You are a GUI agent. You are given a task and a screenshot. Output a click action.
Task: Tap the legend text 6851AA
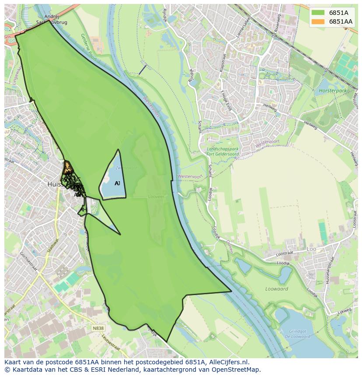341,21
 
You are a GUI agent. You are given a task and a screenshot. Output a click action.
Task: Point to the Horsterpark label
333,91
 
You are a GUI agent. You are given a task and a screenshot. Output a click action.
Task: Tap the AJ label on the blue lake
117,183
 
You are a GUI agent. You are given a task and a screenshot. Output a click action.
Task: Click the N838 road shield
98,328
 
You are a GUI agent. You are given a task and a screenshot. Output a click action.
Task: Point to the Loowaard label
276,289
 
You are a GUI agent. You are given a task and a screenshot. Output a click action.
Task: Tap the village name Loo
312,249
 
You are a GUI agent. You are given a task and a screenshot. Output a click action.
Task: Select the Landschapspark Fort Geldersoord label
223,151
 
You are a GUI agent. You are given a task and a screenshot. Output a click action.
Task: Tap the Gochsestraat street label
26,257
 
